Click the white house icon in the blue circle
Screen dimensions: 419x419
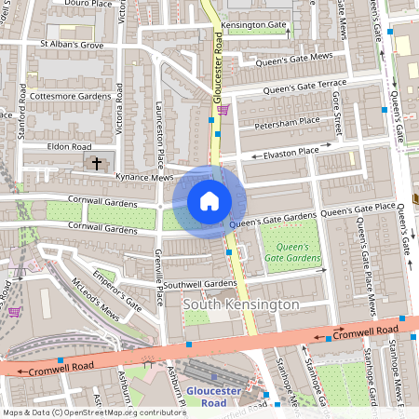click(209, 200)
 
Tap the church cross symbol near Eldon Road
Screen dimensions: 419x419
click(96, 164)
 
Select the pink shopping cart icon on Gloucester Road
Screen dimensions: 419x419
click(223, 110)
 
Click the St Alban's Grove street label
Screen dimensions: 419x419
click(71, 44)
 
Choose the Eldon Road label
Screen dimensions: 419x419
click(70, 147)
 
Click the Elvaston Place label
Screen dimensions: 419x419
click(297, 150)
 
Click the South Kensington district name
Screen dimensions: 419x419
click(240, 304)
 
